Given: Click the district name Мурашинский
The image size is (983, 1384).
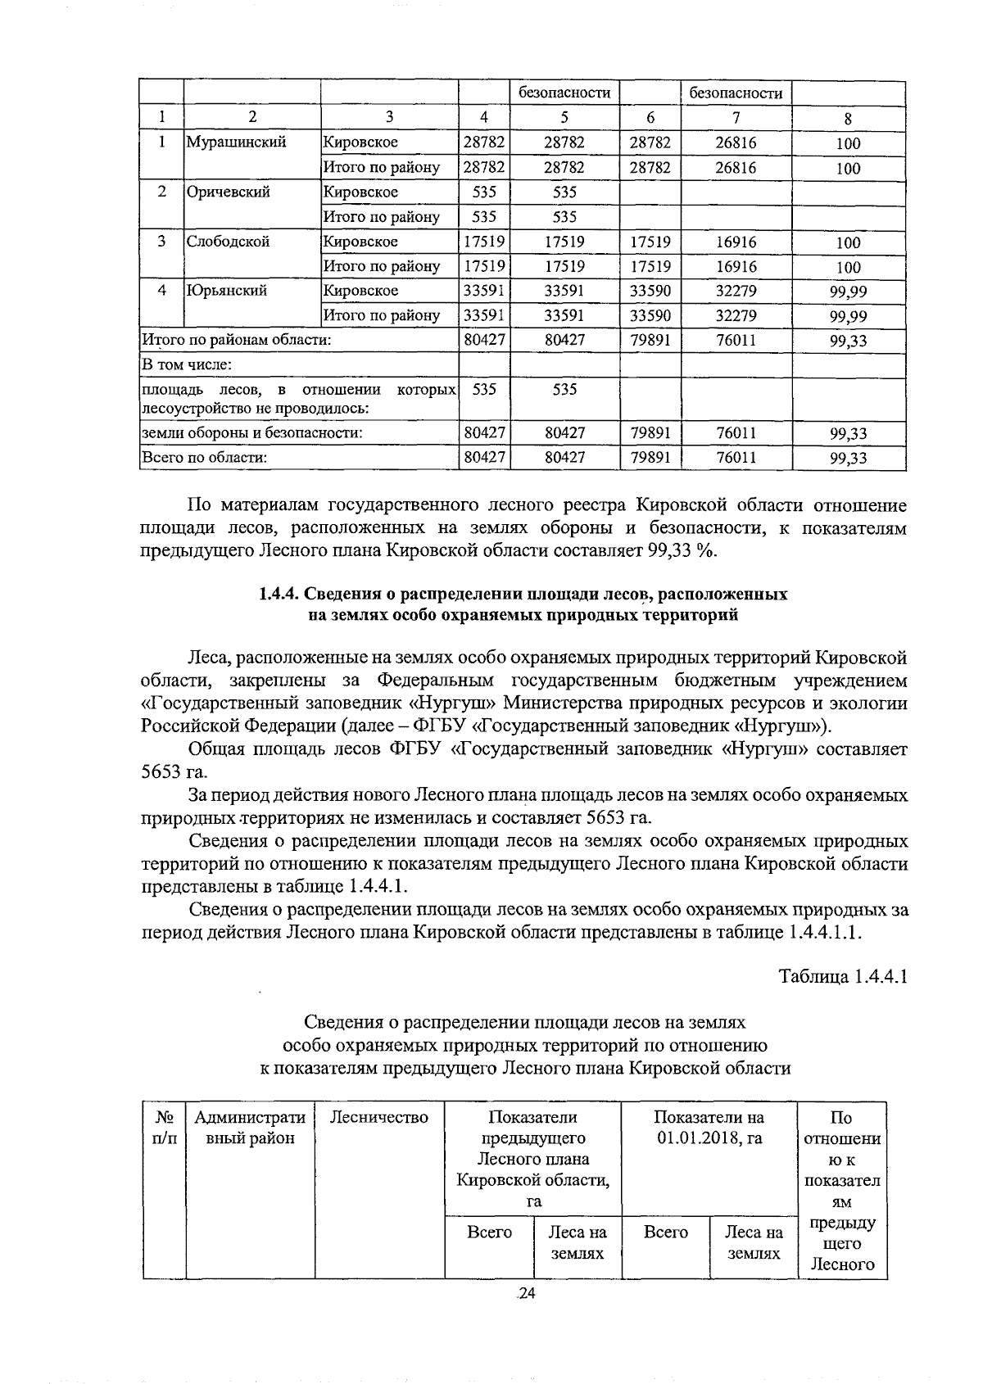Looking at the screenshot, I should point(236,142).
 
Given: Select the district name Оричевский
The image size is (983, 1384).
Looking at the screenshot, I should point(228,192).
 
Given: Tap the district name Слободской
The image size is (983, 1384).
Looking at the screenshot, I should point(228,242).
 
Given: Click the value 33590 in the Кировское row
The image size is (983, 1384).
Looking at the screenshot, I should point(650,291).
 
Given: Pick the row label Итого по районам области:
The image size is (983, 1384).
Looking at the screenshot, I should point(237,340).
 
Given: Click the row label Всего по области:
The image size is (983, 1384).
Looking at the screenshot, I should point(205,458).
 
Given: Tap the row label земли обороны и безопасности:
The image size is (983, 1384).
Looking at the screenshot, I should point(252,433).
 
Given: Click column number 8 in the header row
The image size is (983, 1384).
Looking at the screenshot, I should point(848,117).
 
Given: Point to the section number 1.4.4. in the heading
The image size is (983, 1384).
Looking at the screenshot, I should point(279,595).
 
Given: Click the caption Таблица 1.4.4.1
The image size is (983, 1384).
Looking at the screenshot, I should point(843,977).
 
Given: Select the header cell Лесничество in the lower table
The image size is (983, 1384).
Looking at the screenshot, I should point(379,1118).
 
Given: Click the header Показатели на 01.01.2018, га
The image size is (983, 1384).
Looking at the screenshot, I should point(709,1128).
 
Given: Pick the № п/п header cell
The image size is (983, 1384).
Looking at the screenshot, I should point(164,1128).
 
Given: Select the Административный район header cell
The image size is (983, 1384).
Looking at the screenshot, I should point(250,1128).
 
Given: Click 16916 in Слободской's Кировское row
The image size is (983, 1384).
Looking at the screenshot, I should point(736,242).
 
